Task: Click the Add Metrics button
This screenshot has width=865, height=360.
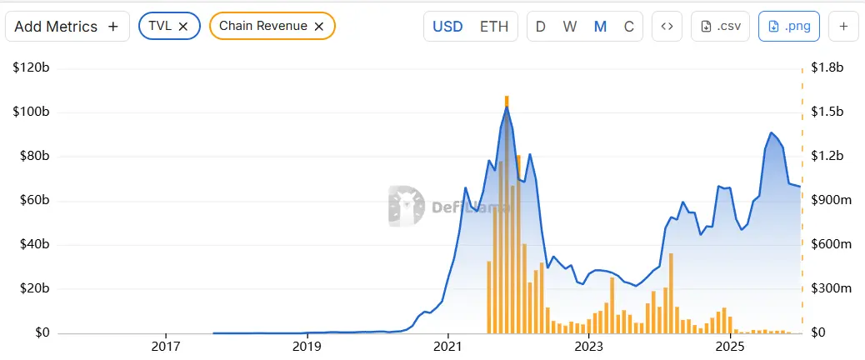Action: [x=67, y=26]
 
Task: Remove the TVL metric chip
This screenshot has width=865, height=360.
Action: [x=183, y=26]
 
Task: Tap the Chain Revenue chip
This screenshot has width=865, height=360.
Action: [x=262, y=26]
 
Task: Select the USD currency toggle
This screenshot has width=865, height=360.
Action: [x=447, y=26]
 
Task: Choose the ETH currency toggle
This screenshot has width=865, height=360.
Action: [x=494, y=26]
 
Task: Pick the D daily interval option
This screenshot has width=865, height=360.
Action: [x=541, y=26]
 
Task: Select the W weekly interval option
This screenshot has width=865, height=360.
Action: [x=570, y=26]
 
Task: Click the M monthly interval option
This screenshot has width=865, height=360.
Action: [x=600, y=26]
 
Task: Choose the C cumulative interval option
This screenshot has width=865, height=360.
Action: [x=628, y=26]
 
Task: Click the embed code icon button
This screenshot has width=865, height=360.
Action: [x=667, y=26]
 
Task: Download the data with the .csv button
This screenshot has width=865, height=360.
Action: [x=721, y=26]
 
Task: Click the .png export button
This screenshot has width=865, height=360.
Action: [x=788, y=26]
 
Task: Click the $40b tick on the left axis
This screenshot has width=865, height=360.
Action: [x=34, y=245]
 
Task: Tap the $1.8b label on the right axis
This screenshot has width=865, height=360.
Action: [x=828, y=67]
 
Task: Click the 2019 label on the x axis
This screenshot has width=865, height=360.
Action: [x=307, y=346]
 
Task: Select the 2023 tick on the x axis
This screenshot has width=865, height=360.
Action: [x=589, y=346]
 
